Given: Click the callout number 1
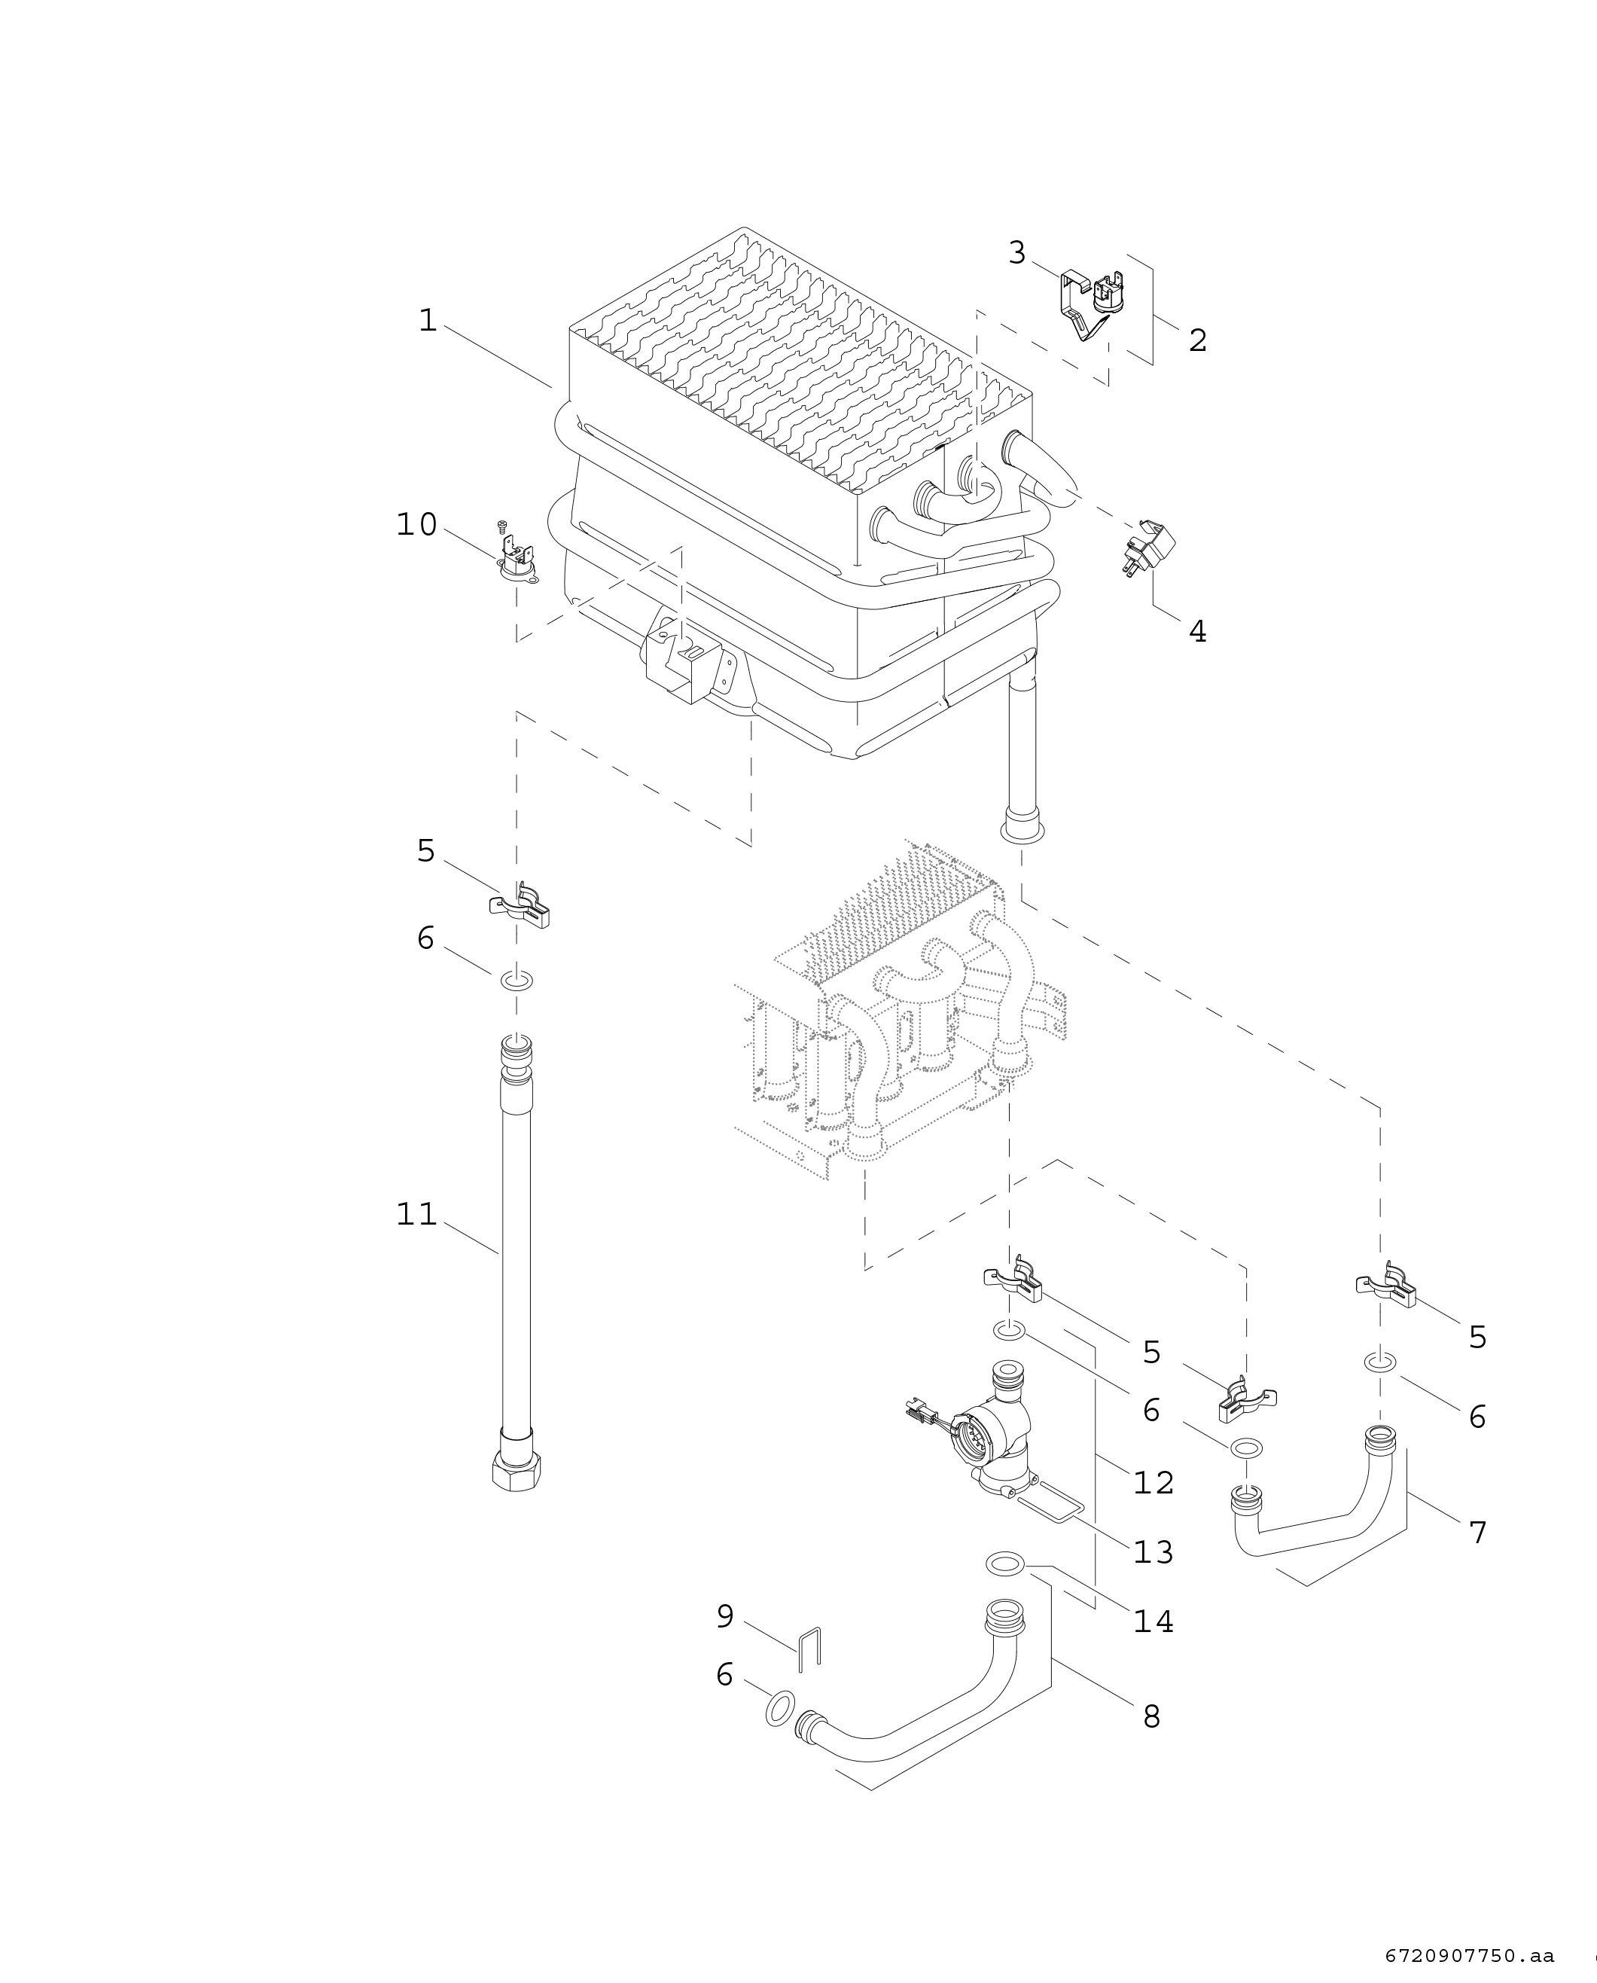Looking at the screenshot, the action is [428, 320].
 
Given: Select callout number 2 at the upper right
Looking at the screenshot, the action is [1197, 340].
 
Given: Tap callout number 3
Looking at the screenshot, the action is [1016, 252].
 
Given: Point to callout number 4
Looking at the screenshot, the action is [1197, 631].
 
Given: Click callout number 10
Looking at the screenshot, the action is [416, 524].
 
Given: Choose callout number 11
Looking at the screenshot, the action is [416, 1215].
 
